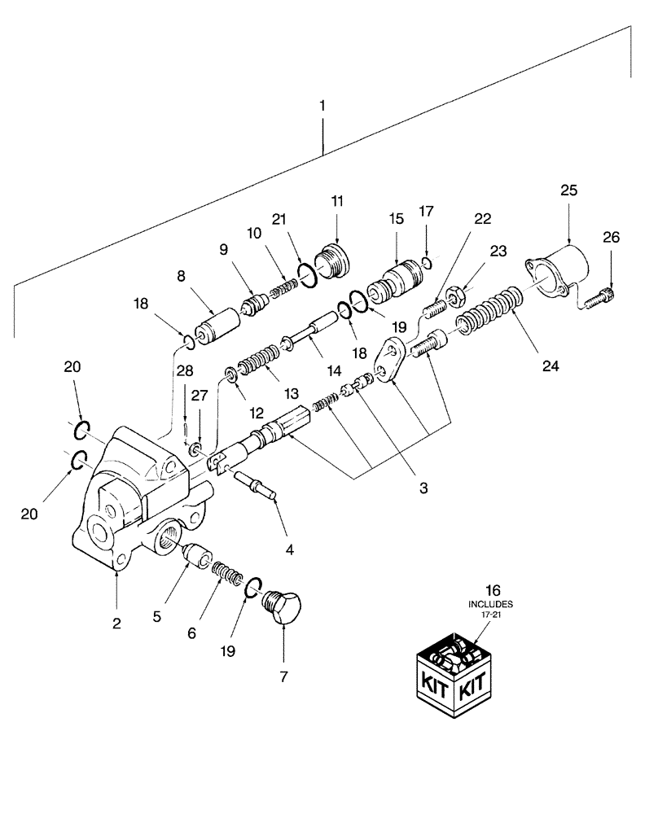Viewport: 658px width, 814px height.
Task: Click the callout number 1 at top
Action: (323, 106)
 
